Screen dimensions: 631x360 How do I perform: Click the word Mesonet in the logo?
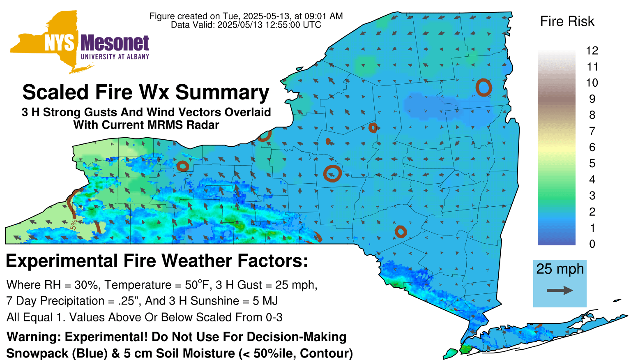[x=115, y=43]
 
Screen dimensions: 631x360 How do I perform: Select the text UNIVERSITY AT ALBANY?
[x=115, y=57]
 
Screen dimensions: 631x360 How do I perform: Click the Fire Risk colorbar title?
[x=567, y=21]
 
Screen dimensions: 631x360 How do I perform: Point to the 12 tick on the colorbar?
[x=592, y=51]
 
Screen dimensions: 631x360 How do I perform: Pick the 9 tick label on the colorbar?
[x=592, y=99]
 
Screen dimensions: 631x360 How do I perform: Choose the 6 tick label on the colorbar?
[x=592, y=147]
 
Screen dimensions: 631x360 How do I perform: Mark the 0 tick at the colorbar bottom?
[x=592, y=244]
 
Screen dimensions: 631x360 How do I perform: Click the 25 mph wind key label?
[x=560, y=269]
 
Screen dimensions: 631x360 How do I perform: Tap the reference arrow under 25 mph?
[x=560, y=291]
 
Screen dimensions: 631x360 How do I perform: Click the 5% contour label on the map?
[x=74, y=225]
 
